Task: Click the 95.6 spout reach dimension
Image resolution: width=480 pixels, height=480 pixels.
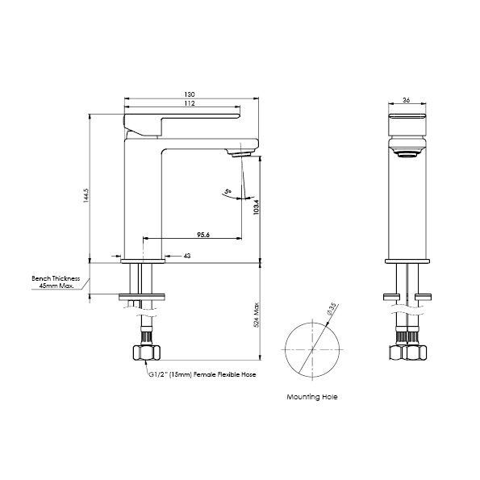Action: pos(202,235)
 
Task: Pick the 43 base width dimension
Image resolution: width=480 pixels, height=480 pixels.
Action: pos(187,256)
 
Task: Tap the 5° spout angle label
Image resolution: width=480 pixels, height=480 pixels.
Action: pos(229,193)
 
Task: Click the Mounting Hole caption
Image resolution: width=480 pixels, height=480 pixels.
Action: pos(311,398)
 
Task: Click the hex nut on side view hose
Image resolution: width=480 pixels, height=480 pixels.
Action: pos(144,353)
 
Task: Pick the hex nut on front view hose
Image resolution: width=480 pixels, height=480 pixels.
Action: pos(406,353)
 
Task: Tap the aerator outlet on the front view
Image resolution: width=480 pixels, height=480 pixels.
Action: pos(406,152)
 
